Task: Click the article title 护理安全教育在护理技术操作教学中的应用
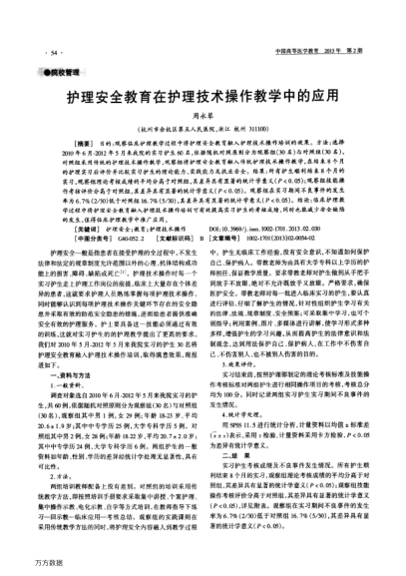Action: [x=203, y=101]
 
